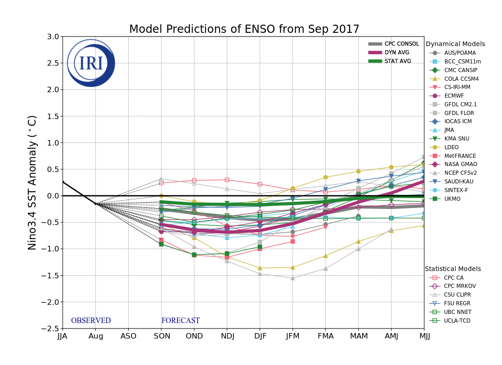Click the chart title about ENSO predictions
(x=244, y=30)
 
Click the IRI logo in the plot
(x=91, y=63)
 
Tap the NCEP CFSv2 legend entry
(x=460, y=173)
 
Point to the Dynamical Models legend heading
(x=455, y=44)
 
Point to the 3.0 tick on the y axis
(x=53, y=36)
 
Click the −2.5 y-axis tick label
(x=51, y=328)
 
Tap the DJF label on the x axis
(x=260, y=336)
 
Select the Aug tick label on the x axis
(x=95, y=336)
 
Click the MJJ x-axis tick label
(x=424, y=336)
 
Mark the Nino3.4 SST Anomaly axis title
(x=32, y=182)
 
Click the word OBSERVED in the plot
(x=91, y=321)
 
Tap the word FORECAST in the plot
(x=180, y=321)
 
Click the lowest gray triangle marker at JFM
(x=293, y=278)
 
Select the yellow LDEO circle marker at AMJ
(x=391, y=167)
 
